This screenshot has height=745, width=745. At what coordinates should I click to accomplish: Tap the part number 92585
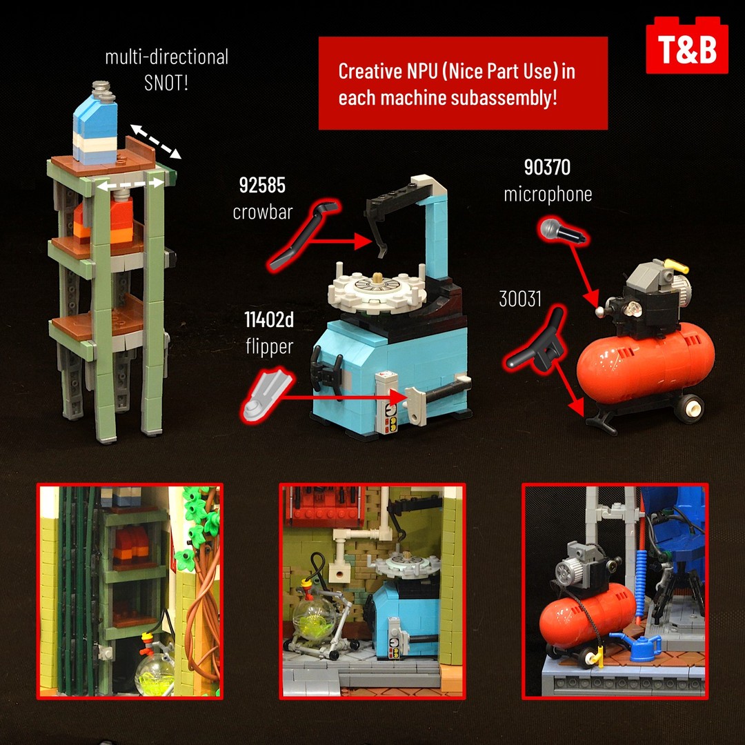click(x=262, y=186)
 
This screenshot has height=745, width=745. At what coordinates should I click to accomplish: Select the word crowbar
click(x=262, y=212)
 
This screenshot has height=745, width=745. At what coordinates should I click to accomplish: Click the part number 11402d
click(x=269, y=320)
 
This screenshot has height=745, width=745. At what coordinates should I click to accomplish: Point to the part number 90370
click(x=547, y=167)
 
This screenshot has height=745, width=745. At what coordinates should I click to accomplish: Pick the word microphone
click(x=547, y=195)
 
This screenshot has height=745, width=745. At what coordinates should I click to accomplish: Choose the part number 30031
click(x=520, y=299)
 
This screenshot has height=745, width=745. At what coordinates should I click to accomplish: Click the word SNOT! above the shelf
click(x=166, y=83)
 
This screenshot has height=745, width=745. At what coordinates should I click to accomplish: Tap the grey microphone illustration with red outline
click(x=563, y=231)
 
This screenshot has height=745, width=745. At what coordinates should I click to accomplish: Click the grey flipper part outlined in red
click(x=266, y=394)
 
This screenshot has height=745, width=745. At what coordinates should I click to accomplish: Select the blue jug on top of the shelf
click(x=95, y=123)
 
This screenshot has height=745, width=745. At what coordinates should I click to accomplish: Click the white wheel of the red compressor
click(x=689, y=408)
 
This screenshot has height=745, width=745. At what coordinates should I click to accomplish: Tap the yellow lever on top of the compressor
click(x=677, y=266)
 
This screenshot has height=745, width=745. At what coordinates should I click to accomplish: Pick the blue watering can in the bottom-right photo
click(x=638, y=647)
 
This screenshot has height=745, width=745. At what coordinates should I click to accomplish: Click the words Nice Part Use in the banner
click(x=502, y=71)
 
